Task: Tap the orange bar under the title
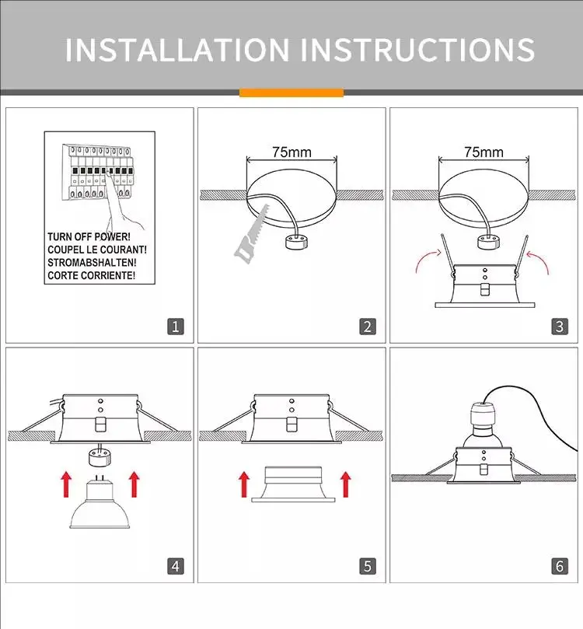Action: coord(291,93)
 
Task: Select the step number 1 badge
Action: coord(176,327)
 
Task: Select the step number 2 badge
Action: coord(368,327)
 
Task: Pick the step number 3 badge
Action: coord(560,327)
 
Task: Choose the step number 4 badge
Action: coord(176,566)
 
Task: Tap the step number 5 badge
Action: coord(368,566)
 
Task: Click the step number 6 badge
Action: coord(560,566)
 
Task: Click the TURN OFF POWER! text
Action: coord(89,236)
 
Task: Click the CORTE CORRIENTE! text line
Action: coord(91,275)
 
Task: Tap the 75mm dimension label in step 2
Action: coord(291,152)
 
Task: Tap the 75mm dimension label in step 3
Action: coord(484,152)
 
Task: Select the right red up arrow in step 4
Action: coord(134,484)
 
